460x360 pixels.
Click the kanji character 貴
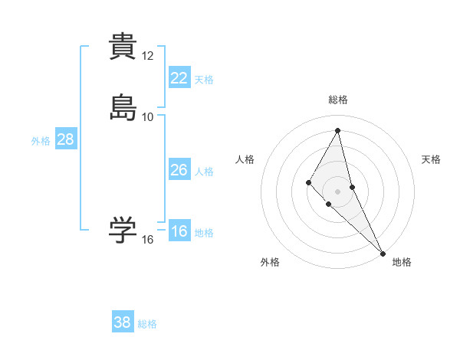[123, 47]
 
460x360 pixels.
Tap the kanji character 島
[123, 107]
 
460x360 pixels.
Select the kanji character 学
[123, 231]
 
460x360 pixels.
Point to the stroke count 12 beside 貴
[148, 56]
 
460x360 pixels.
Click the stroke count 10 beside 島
[148, 116]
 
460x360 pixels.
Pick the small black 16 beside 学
[148, 240]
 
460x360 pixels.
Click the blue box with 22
[179, 77]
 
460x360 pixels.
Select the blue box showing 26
[179, 170]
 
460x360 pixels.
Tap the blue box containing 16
[179, 231]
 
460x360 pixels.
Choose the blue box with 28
[65, 139]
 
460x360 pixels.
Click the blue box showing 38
[122, 322]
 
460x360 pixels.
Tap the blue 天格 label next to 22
[204, 79]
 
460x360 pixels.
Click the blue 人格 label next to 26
[204, 172]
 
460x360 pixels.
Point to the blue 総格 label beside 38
[147, 324]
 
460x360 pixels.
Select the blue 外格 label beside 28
[41, 141]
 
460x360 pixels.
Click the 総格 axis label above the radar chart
[338, 100]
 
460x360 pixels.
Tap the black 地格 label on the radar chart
[402, 262]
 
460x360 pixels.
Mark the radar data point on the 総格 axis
[338, 130]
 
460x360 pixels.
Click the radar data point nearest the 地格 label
[383, 253]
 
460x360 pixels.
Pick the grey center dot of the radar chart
[338, 191]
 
